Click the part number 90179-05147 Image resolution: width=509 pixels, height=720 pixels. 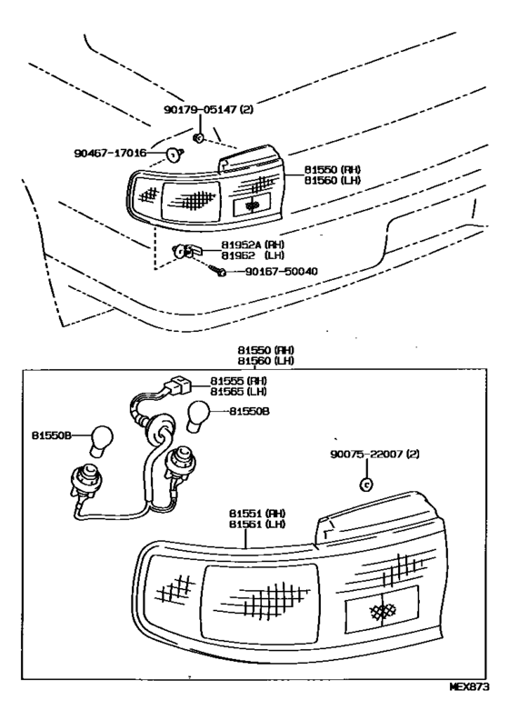click(x=200, y=109)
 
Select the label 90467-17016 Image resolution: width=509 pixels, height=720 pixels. click(x=110, y=153)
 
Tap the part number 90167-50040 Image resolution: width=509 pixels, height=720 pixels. click(x=282, y=272)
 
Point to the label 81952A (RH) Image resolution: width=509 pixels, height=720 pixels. click(x=253, y=245)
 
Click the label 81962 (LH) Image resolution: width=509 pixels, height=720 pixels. click(x=253, y=255)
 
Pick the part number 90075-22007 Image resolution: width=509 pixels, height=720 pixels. click(x=366, y=455)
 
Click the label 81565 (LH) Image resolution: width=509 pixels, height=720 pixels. click(x=239, y=391)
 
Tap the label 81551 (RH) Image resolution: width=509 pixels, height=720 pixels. click(x=257, y=514)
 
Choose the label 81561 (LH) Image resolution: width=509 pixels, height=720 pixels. click(x=257, y=524)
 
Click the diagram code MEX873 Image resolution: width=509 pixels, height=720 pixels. click(x=469, y=687)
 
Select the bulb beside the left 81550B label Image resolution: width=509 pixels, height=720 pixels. click(x=101, y=441)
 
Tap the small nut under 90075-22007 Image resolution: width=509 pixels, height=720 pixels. click(x=365, y=484)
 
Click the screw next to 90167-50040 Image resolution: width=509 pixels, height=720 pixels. click(x=216, y=270)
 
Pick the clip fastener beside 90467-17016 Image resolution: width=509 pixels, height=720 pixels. click(x=175, y=155)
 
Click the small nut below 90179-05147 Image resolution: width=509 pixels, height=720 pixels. click(x=199, y=137)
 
